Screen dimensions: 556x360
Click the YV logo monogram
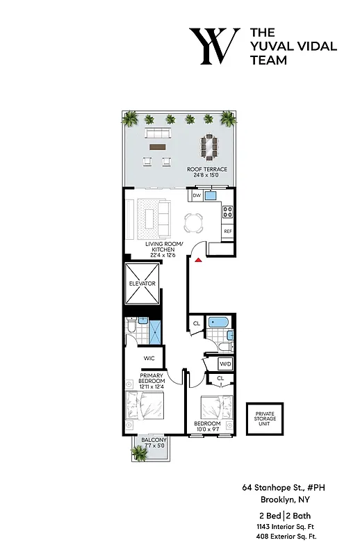tap(214, 47)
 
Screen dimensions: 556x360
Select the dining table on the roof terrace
tap(208, 145)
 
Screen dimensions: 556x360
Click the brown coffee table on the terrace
tap(157, 147)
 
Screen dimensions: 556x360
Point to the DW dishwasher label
tap(197, 196)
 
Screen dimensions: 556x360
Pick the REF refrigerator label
tap(227, 231)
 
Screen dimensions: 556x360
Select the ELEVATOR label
tap(142, 284)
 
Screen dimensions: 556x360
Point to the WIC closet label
tap(149, 359)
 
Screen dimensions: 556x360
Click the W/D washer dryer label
tap(225, 363)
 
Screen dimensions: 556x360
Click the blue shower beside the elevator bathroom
tap(155, 332)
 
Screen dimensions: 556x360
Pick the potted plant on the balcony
tap(140, 453)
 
